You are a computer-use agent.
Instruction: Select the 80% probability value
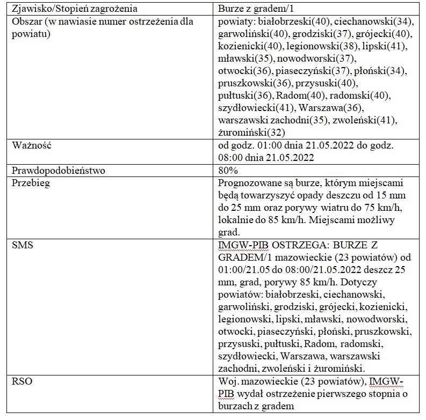[228, 171]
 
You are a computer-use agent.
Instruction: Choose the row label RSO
[21, 381]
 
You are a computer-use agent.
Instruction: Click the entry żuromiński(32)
[252, 132]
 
